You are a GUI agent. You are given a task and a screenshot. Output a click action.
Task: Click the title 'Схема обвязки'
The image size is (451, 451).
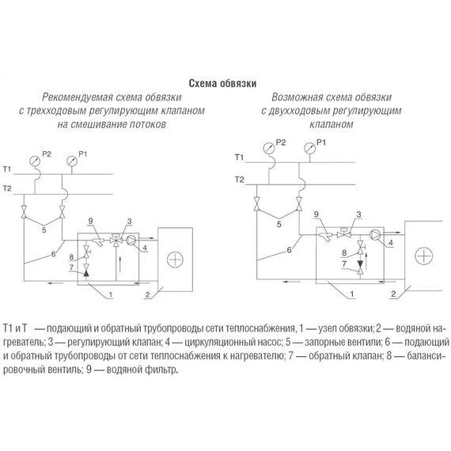(x=222, y=83)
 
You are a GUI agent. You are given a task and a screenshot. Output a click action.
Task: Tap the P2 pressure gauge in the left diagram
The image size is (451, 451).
(x=35, y=161)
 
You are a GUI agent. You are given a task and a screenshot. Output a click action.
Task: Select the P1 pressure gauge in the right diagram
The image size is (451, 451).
(x=309, y=149)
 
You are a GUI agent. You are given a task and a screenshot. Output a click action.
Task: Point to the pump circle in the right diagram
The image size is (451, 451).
(x=375, y=235)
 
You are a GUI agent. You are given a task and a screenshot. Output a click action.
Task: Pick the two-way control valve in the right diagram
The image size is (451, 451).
(x=343, y=233)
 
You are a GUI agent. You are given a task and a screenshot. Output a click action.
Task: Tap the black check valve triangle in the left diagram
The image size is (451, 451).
(x=86, y=273)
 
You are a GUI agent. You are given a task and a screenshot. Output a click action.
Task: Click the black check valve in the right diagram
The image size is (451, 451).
(x=360, y=263)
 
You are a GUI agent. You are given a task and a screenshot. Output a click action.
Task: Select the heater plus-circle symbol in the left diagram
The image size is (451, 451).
(x=175, y=260)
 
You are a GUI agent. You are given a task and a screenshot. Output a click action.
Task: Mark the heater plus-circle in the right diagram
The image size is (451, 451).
(x=424, y=256)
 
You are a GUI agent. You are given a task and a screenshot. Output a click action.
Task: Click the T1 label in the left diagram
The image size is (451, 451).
(x=7, y=169)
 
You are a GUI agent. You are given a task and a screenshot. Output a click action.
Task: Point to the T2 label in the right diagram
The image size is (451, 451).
(x=239, y=180)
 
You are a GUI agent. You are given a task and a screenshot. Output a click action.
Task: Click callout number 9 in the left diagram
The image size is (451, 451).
(x=91, y=221)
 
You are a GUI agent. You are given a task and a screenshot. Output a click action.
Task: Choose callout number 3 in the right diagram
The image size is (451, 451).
(x=358, y=214)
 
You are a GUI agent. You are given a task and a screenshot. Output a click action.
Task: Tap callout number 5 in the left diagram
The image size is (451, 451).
(x=44, y=230)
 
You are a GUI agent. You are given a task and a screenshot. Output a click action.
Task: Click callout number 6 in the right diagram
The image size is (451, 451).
(x=289, y=250)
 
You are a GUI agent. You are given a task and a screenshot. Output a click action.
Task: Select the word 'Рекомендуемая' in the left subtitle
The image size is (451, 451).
(x=77, y=97)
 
